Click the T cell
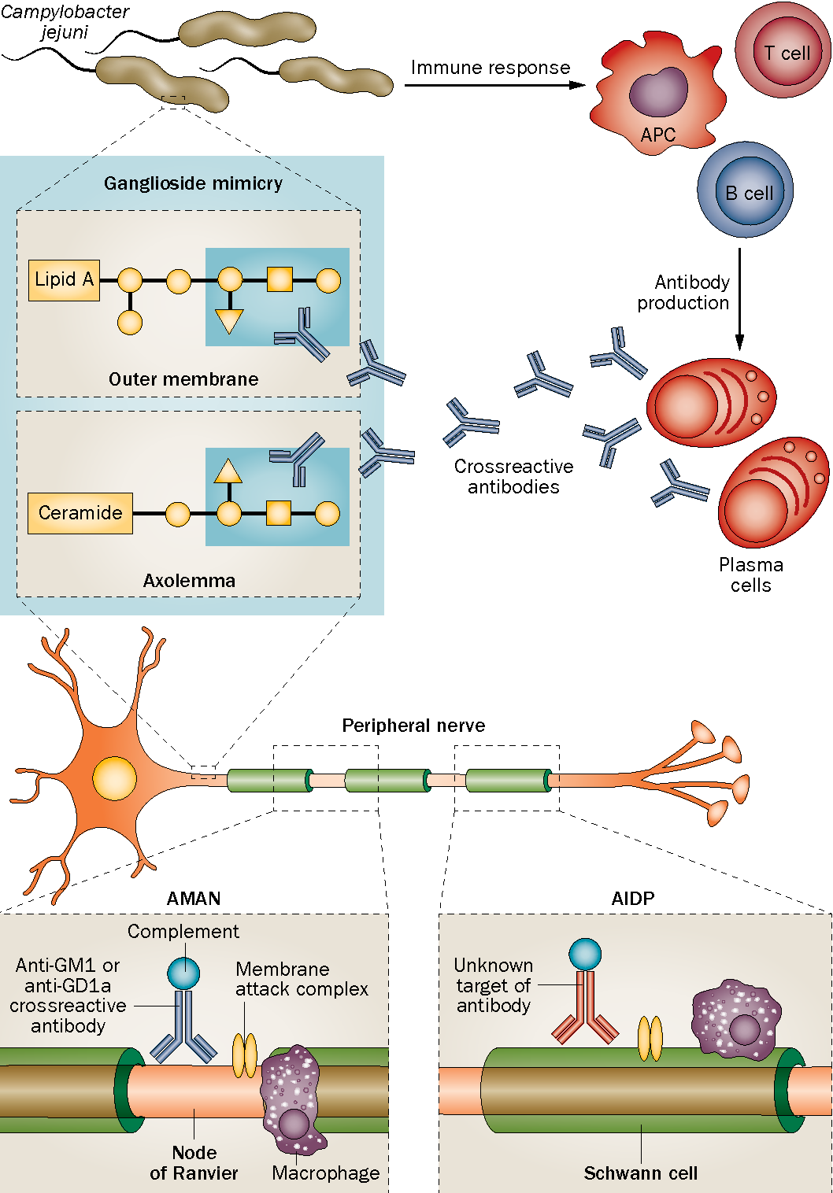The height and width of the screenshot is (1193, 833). coord(783,50)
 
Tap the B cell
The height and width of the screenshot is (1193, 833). coord(745,190)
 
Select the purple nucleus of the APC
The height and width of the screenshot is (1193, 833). coord(658,91)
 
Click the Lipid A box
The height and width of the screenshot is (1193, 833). coord(64,280)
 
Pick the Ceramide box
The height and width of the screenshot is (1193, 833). coord(80,513)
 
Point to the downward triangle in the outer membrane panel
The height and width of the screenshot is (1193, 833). coord(229,321)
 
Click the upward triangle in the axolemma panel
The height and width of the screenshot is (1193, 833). coord(228,471)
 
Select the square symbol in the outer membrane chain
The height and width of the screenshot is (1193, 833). coord(280,279)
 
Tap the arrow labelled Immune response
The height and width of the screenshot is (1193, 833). coord(494,85)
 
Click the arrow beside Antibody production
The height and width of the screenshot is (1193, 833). coord(739,299)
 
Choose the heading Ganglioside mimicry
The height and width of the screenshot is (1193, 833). coord(193,183)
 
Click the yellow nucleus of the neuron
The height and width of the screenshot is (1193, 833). coord(115,778)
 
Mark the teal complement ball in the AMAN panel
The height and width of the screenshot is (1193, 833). coord(183,973)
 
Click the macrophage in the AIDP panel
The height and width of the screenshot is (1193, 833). coord(735,1020)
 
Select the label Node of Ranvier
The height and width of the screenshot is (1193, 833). coord(194,1162)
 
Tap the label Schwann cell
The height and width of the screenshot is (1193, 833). coord(641,1173)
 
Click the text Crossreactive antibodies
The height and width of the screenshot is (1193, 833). coord(514,476)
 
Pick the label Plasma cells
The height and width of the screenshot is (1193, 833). coord(751,574)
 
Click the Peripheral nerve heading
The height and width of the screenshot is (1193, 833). coord(413,726)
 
